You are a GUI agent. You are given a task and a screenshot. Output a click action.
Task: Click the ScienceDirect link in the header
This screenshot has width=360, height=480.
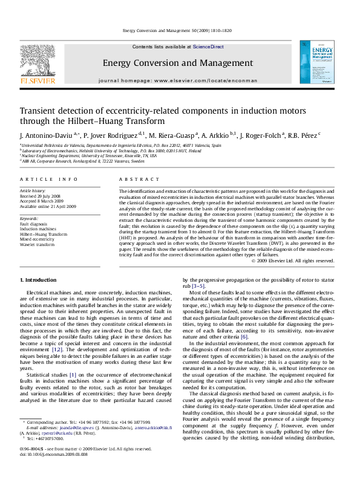(208, 47)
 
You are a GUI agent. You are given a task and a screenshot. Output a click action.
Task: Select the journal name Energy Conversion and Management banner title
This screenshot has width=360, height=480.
(178, 62)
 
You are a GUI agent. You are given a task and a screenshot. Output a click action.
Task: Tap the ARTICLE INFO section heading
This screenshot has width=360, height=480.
(48, 180)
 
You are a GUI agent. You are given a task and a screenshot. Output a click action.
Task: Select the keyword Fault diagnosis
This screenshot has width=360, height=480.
(34, 224)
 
